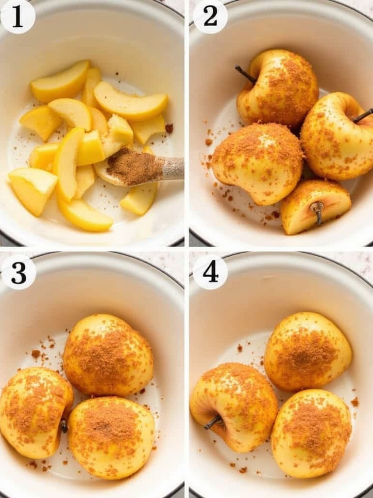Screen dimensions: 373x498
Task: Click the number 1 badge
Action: click(x=17, y=17)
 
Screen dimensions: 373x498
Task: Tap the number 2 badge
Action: click(x=210, y=17)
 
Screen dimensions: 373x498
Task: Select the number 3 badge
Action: click(x=18, y=272)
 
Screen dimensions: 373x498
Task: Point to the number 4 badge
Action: click(x=210, y=272)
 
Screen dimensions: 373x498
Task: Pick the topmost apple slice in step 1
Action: click(x=60, y=81)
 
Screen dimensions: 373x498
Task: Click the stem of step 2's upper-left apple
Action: click(x=245, y=74)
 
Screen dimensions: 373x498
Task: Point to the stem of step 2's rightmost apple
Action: click(x=363, y=116)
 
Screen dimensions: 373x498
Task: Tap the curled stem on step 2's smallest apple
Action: click(x=317, y=212)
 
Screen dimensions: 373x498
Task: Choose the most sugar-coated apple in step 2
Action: click(x=257, y=163)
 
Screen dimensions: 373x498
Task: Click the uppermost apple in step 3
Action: click(x=108, y=355)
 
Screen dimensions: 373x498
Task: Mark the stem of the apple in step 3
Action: click(x=64, y=426)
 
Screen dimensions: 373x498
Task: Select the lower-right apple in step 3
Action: click(x=111, y=438)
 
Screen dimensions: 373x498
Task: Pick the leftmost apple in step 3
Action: click(x=36, y=412)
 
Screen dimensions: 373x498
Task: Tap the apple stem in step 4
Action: click(x=214, y=422)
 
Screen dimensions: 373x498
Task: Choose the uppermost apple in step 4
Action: click(x=308, y=352)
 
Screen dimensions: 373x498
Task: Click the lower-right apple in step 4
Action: click(x=311, y=433)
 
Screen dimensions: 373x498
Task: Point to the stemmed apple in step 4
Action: click(x=234, y=407)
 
